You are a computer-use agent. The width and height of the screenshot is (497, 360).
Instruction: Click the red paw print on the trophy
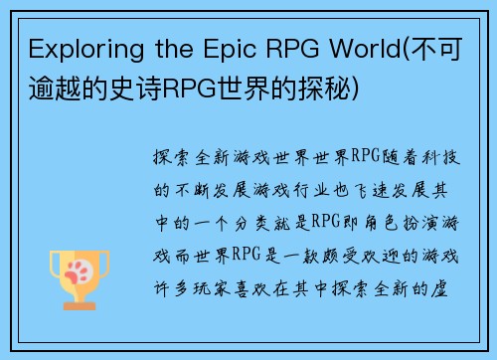[79, 266]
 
